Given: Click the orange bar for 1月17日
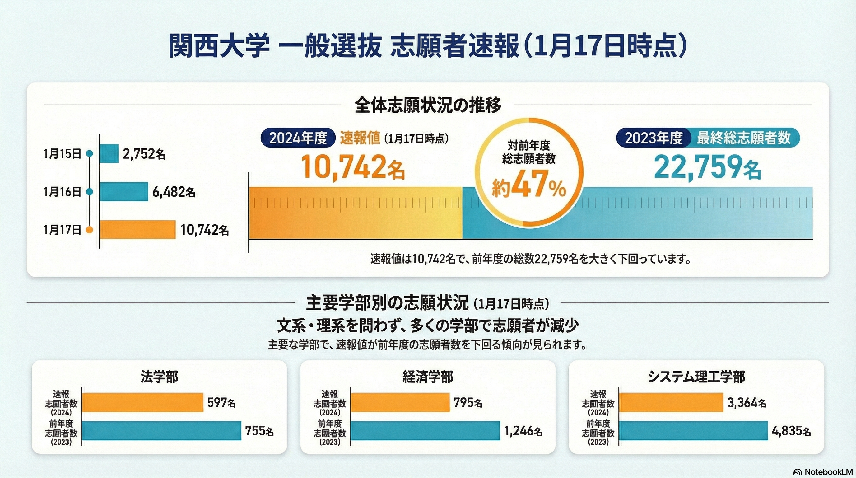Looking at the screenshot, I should point(137,230).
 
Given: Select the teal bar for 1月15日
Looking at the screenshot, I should point(109,153).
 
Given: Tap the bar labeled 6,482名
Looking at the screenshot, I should point(123,192).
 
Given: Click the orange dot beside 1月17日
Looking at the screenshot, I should point(89,230).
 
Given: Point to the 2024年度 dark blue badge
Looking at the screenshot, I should point(298,138).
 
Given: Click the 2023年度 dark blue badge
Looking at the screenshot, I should point(653,138).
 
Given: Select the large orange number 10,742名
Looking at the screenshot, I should point(353,167).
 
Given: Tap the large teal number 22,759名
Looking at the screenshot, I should point(707,167).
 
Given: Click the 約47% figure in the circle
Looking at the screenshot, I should point(529,188).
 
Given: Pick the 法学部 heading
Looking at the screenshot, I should point(160,377).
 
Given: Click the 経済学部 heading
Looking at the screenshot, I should point(428,377).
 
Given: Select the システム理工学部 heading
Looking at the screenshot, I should point(696,377).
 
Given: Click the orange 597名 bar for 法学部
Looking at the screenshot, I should point(142,403).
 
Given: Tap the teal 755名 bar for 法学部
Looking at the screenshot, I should point(161,431).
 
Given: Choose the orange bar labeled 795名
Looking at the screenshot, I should point(400,403).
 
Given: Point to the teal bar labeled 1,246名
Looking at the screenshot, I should point(425,431).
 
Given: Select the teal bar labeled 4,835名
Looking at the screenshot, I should point(693,431).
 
